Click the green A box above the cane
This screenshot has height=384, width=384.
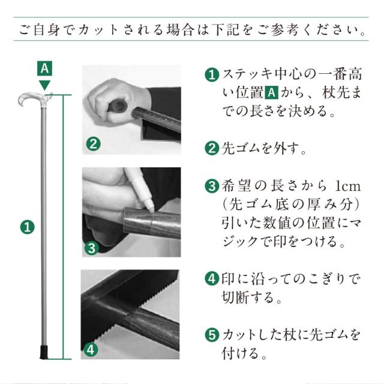44,67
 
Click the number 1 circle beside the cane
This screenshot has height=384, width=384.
28,227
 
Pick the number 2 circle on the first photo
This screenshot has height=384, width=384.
92,144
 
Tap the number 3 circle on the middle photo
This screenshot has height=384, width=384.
91,247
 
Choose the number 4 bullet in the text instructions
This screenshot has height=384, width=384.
211,279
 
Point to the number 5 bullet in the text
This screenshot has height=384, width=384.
211,334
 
